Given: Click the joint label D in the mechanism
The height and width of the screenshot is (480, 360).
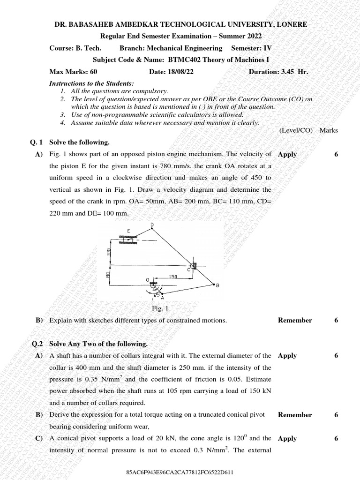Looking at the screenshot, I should pyautogui.click(x=152, y=225).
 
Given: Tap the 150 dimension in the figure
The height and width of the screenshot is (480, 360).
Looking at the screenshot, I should pyautogui.click(x=173, y=277).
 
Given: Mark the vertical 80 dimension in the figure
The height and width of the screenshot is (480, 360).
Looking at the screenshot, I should pyautogui.click(x=107, y=276).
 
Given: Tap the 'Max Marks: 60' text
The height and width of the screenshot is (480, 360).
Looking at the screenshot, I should pyautogui.click(x=73, y=72).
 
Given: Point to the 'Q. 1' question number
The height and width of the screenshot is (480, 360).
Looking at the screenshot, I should pyautogui.click(x=36, y=142).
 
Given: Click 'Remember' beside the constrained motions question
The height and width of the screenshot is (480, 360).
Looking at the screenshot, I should pyautogui.click(x=294, y=320).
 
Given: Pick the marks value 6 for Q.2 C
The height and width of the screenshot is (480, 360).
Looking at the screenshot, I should pyautogui.click(x=336, y=438).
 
